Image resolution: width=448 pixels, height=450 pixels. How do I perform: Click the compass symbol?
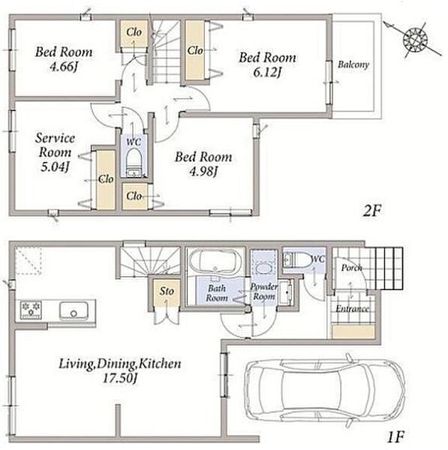pos(415,39)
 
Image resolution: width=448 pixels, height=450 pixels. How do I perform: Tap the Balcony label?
pos(353,64)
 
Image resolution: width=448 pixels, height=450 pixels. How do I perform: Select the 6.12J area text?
pos(267,73)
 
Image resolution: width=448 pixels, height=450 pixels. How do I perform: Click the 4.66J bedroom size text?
pos(64,67)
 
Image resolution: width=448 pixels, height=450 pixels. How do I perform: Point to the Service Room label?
pos(55,145)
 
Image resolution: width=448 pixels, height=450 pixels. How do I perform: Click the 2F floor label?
pos(372,211)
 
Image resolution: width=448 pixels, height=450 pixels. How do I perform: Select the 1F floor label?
pos(395,437)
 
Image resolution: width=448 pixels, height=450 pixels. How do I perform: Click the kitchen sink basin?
pos(74,310)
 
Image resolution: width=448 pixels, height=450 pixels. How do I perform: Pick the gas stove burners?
pos(31,309)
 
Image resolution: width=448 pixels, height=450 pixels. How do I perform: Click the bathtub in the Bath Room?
pos(215,261)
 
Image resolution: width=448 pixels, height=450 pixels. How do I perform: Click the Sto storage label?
pos(167,291)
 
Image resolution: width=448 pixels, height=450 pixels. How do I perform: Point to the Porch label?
pos(351,268)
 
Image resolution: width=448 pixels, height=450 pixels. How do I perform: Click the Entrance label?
pos(353,309)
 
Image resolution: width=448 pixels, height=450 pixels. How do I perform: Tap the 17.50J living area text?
pos(120,379)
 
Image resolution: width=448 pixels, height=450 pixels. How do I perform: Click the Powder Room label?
pos(264,291)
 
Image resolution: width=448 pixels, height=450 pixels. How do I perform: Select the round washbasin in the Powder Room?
pos(263,269)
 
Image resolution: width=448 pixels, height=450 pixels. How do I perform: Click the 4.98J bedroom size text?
pos(203,172)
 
